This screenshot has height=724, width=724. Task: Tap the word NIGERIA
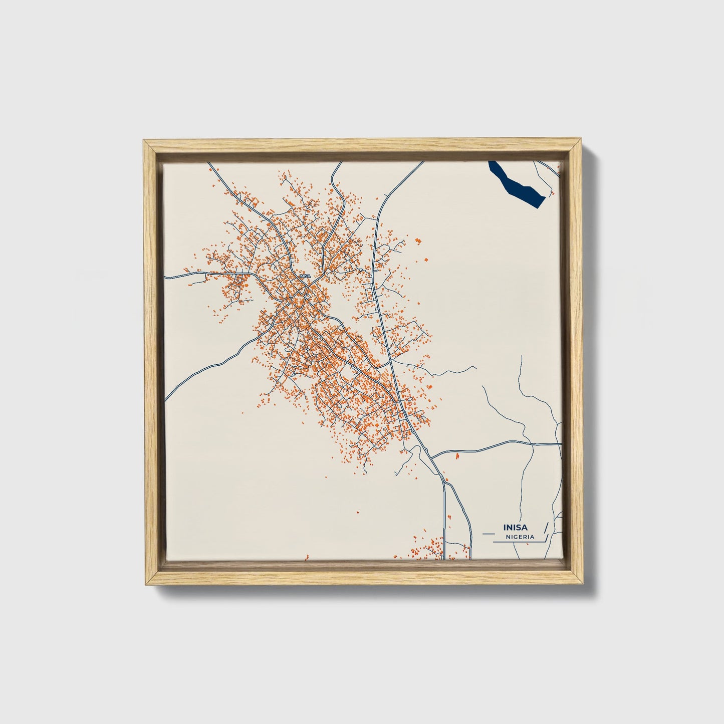520,537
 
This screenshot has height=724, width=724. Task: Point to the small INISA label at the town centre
305,276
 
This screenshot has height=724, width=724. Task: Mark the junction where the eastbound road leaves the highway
432,457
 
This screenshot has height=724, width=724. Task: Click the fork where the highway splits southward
443,478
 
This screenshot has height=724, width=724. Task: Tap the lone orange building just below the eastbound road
457,456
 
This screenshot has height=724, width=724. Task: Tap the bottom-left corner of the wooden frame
144,584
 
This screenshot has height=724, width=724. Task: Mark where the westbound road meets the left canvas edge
166,277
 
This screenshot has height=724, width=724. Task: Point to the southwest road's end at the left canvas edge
166,399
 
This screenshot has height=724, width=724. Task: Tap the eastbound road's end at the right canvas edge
561,444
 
